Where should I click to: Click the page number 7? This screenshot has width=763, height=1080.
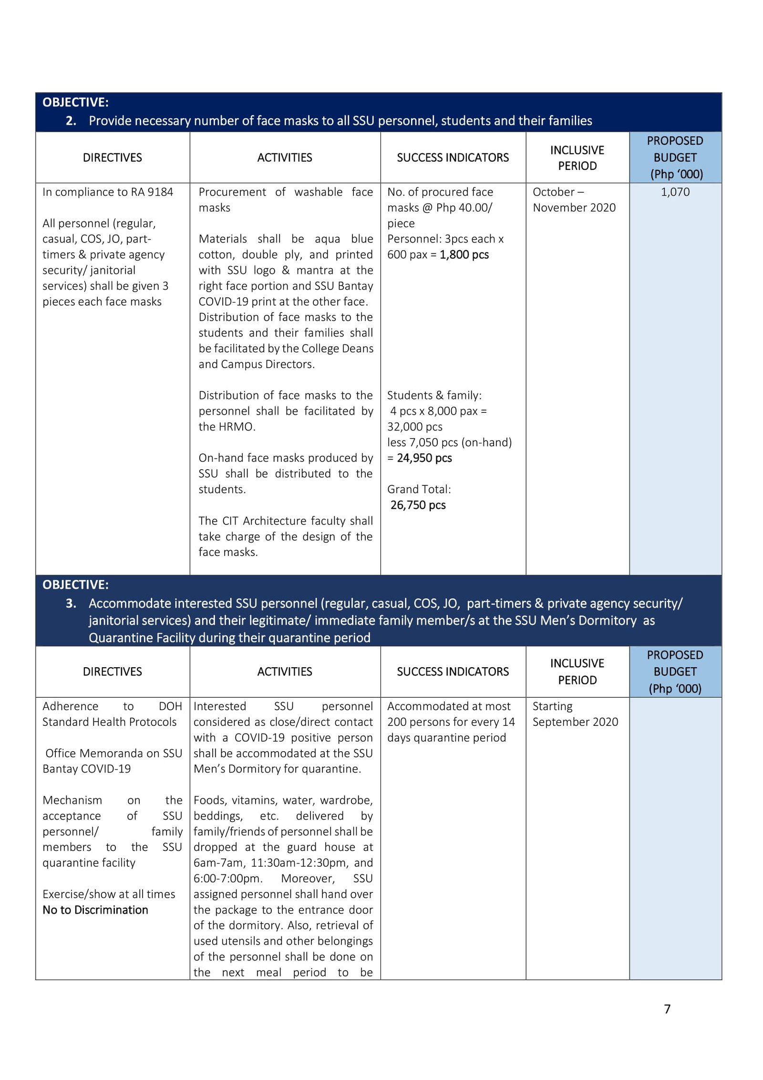667,1008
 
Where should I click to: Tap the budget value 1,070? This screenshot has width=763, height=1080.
675,192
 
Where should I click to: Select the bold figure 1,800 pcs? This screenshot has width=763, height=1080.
464,254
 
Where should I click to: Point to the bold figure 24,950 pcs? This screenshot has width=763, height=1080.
424,458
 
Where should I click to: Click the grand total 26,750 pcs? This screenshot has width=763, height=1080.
418,505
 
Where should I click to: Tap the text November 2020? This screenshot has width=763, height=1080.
574,208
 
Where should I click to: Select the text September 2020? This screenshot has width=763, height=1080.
575,722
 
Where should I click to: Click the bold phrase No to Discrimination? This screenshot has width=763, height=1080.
95,910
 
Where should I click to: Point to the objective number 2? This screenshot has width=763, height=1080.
71,121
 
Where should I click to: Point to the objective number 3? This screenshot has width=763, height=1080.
71,603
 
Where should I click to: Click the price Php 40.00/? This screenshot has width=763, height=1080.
464,208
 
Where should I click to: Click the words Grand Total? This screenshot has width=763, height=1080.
419,489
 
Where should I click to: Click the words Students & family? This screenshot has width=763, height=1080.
434,395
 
